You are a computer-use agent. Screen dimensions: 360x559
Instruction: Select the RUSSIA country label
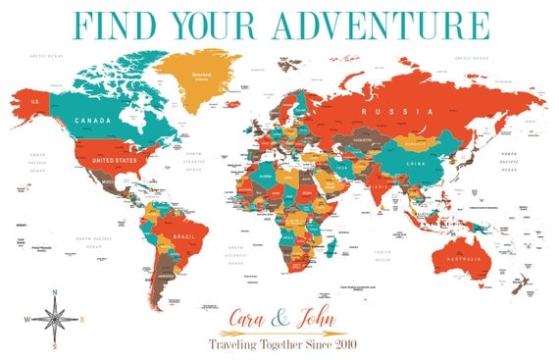coord(381,112)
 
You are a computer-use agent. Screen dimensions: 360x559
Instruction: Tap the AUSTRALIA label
coord(462,259)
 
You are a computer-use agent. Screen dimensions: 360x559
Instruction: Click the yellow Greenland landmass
coord(203,75)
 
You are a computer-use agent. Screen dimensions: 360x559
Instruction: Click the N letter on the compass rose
coord(56,293)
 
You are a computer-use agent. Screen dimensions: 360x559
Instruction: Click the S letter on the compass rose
coord(56,345)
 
